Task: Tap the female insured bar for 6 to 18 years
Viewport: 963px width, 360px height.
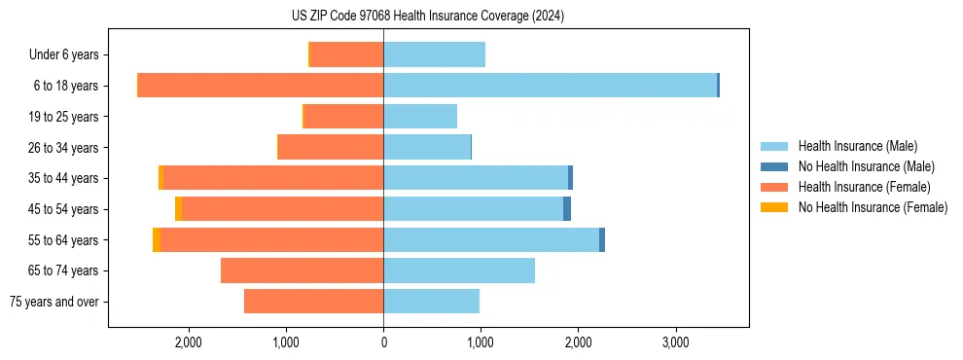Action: coord(261,86)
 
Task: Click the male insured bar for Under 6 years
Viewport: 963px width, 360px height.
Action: coord(434,54)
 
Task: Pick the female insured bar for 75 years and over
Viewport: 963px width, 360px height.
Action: coord(313,302)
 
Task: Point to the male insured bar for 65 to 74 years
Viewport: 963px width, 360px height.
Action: coord(459,270)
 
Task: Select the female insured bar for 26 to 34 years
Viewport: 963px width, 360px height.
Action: coord(331,147)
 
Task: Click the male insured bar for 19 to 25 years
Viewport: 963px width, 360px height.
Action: coord(420,117)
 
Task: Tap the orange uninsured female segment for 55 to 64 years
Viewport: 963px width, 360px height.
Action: coord(157,239)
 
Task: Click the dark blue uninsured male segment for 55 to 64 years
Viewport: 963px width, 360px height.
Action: coord(602,239)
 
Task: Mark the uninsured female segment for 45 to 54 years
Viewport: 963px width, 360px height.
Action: coord(178,209)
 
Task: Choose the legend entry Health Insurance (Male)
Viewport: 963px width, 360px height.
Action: coord(857,146)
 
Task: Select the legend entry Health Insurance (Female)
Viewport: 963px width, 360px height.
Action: coord(864,187)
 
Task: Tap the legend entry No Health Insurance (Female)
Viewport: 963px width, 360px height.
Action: coord(873,207)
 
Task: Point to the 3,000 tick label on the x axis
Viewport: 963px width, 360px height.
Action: coord(675,342)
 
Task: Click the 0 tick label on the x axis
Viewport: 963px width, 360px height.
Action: coord(383,342)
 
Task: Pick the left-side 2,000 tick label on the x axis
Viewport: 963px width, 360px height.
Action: coord(188,342)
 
